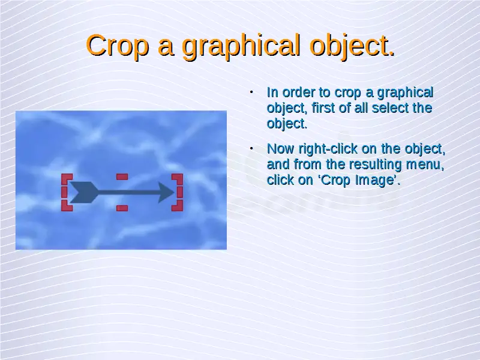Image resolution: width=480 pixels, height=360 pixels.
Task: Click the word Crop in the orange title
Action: click(118, 45)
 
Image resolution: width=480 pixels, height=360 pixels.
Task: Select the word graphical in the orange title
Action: click(241, 46)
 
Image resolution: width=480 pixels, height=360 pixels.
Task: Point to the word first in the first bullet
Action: click(323, 108)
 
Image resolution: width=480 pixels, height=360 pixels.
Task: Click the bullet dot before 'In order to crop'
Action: click(251, 92)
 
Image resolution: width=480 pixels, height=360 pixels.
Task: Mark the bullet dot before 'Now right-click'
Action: click(251, 148)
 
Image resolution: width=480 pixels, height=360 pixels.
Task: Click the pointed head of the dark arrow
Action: click(174, 192)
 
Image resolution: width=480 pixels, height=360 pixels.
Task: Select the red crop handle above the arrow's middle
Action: click(122, 176)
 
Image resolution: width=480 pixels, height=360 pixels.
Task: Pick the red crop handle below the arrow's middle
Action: click(122, 208)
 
